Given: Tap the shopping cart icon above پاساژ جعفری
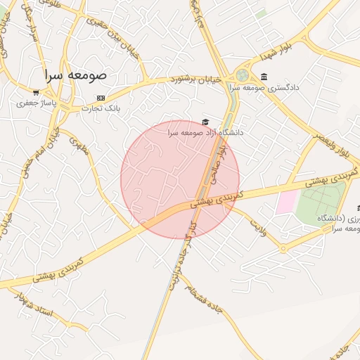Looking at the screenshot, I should pyautogui.click(x=36, y=92).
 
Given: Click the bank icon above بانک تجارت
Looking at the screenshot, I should pyautogui.click(x=101, y=98).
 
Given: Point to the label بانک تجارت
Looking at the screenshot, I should pyautogui.click(x=101, y=108).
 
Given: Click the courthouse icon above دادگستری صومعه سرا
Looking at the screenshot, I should pyautogui.click(x=264, y=77).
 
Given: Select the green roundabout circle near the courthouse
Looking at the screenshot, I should pyautogui.click(x=242, y=75).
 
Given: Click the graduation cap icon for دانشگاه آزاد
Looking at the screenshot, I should pyautogui.click(x=205, y=122).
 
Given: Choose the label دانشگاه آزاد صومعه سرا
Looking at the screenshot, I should pyautogui.click(x=205, y=132).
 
